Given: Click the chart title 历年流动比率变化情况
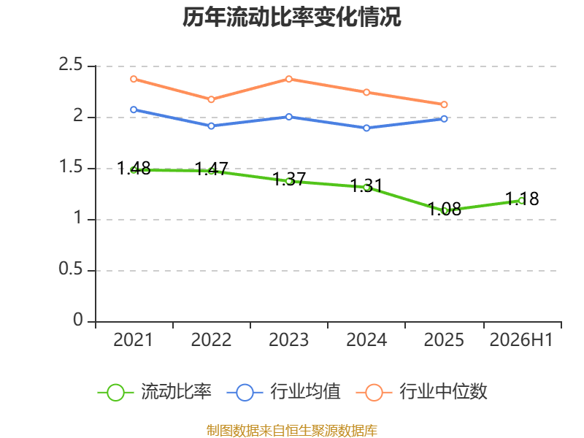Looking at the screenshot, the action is click(291, 17).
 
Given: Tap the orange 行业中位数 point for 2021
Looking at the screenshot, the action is click(134, 79).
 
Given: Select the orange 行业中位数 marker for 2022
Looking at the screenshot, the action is click(211, 99).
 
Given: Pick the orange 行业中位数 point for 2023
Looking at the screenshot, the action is click(289, 79).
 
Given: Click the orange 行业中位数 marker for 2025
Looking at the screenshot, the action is click(444, 104).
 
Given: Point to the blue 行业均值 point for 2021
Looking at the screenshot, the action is click(134, 110).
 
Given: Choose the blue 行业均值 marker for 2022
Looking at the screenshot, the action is click(211, 126).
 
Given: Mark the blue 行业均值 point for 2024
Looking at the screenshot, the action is click(366, 128).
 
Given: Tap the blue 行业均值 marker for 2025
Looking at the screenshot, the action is click(444, 119).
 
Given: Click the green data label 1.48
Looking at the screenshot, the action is click(134, 169).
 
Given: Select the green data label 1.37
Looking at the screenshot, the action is click(289, 179).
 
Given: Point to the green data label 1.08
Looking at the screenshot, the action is click(445, 209).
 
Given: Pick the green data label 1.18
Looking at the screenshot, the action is click(522, 199).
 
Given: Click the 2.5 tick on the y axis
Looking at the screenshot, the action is click(70, 64).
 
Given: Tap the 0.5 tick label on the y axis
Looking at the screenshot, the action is click(70, 269).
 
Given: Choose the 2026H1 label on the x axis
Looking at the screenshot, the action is click(521, 340).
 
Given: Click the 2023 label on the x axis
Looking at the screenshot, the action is click(289, 340).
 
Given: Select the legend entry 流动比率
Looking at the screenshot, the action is click(155, 392).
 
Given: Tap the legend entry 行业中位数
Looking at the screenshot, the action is click(422, 392).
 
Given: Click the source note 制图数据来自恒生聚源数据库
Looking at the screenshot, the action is click(292, 431).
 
